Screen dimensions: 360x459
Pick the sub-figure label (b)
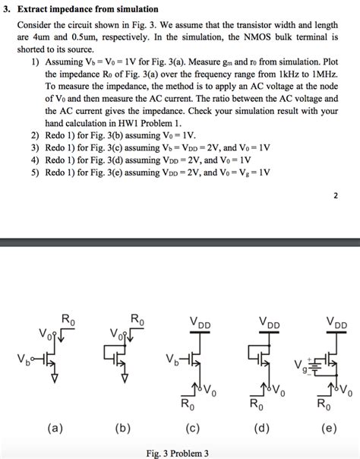point(123,429)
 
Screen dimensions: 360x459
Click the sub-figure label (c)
point(193,429)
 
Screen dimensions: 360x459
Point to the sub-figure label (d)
point(263,429)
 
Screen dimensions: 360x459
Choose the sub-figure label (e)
point(329,429)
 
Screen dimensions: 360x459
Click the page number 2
point(335,195)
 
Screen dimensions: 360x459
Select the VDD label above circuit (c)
point(201,322)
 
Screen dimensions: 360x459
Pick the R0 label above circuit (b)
point(137,320)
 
